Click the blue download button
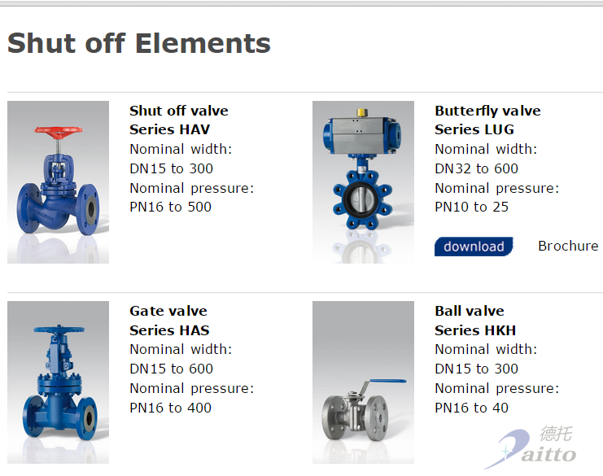474,247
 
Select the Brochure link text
568,246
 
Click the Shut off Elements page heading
139,43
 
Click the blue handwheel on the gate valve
59,330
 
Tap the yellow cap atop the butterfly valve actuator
362,112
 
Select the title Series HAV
169,130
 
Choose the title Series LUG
474,130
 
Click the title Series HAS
169,330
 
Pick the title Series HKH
475,330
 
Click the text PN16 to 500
170,207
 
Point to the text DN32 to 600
476,168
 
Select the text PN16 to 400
170,408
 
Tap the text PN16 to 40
471,408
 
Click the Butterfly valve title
487,111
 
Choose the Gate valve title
168,311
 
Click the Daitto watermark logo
531,448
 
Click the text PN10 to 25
471,207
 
